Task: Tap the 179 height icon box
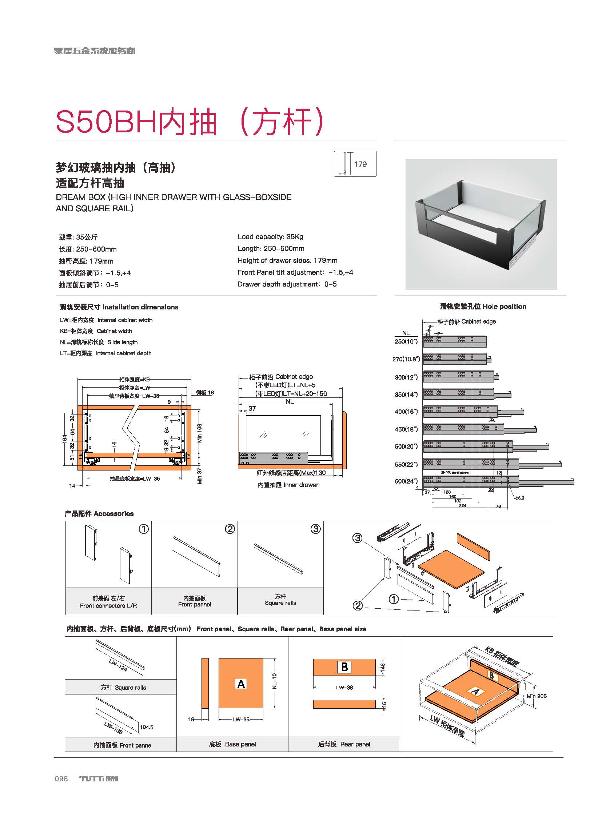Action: (x=355, y=164)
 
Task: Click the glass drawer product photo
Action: (x=481, y=224)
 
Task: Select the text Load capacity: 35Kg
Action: (x=270, y=236)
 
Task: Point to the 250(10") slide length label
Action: (x=406, y=341)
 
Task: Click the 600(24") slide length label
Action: (x=406, y=481)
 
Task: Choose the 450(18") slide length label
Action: (x=406, y=429)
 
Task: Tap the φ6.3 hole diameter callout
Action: (x=519, y=498)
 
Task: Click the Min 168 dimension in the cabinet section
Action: (x=200, y=433)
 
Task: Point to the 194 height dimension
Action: (x=65, y=438)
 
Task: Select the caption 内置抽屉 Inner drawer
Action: (x=288, y=485)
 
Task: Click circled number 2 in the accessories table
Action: (x=230, y=529)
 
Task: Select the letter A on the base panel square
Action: (x=241, y=684)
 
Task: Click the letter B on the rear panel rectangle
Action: (x=344, y=667)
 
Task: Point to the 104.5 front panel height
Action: (x=146, y=728)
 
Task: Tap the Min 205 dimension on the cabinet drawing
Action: (x=537, y=696)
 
